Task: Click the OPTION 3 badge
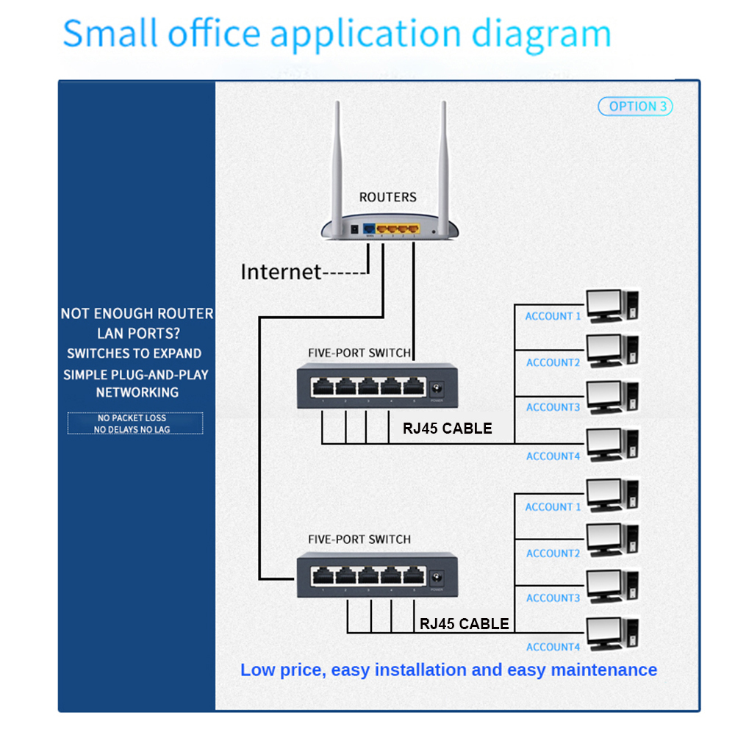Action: (x=636, y=107)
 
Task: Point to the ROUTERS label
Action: (x=387, y=197)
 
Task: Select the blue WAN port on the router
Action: (x=369, y=227)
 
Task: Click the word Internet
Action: (x=281, y=272)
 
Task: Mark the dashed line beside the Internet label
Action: (x=345, y=273)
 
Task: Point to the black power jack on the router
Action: (x=354, y=229)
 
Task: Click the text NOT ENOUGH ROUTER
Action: (x=137, y=314)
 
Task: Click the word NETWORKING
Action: (x=137, y=392)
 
